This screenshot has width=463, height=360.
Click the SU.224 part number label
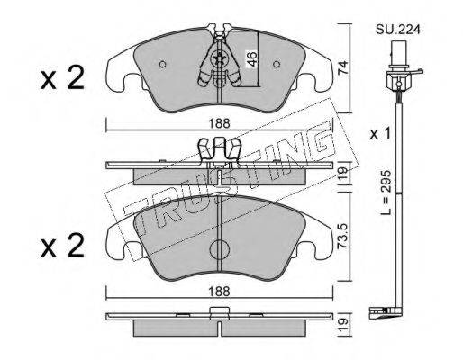pyautogui.click(x=397, y=30)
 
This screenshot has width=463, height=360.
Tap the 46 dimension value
pyautogui.click(x=252, y=58)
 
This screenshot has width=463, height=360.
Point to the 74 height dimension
pyautogui.click(x=342, y=67)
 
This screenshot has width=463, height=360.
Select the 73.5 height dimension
pyautogui.click(x=342, y=236)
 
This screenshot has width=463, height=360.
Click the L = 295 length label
pyautogui.click(x=386, y=193)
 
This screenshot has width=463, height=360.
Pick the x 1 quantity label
pyautogui.click(x=380, y=134)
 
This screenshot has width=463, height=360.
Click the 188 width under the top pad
pyautogui.click(x=220, y=123)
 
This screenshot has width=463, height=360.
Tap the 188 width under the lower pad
pyautogui.click(x=220, y=291)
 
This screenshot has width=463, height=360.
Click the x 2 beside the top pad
pyautogui.click(x=62, y=78)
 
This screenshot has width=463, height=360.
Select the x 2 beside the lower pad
pyautogui.click(x=62, y=246)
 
